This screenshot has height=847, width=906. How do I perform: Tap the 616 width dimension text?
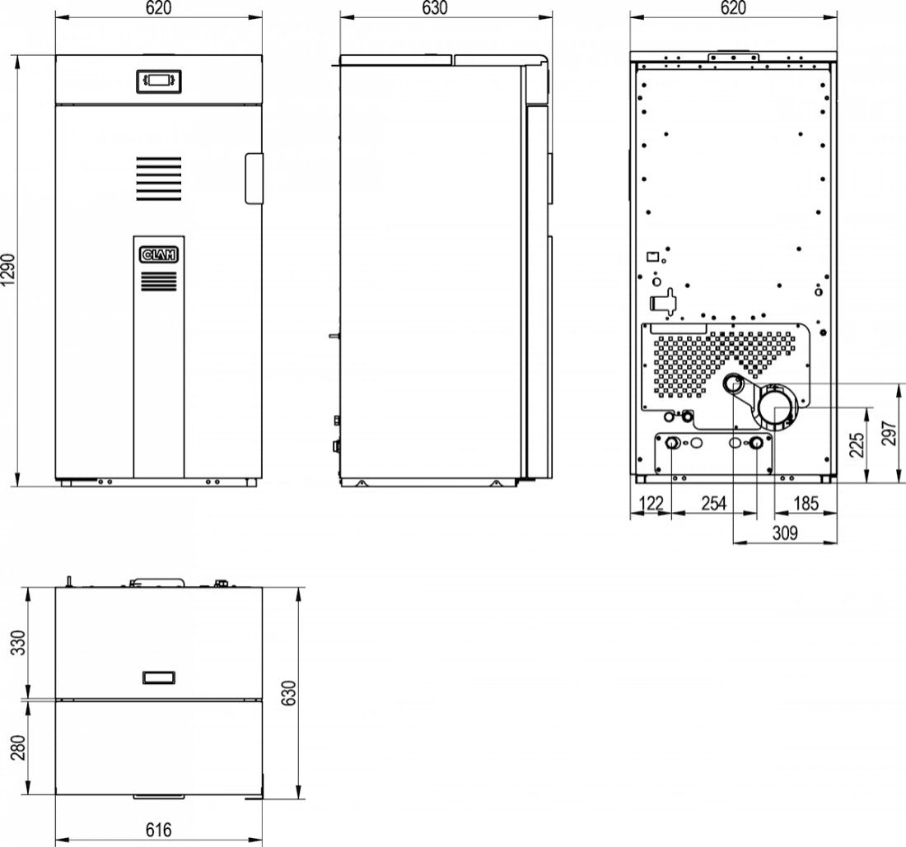click(x=158, y=831)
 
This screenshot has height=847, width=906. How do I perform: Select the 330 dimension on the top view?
click(x=19, y=642)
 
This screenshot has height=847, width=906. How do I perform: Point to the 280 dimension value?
click(x=19, y=748)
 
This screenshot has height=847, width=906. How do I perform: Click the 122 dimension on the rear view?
click(x=651, y=504)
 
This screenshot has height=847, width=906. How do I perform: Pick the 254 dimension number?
click(x=713, y=504)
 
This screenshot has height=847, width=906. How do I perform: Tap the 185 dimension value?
click(x=806, y=504)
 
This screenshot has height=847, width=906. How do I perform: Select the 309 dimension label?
click(x=785, y=533)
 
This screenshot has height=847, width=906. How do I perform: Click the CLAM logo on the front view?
click(x=158, y=255)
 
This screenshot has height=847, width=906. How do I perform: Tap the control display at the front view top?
click(x=158, y=80)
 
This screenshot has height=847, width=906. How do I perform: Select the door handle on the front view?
click(x=253, y=177)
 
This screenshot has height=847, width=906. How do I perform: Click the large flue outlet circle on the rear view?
click(x=778, y=407)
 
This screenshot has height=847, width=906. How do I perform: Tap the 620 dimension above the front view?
click(x=158, y=8)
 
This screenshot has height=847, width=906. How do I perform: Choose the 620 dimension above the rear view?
click(x=733, y=8)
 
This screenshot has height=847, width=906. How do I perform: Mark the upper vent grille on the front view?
click(x=158, y=178)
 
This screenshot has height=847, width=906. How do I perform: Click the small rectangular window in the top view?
click(x=158, y=677)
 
